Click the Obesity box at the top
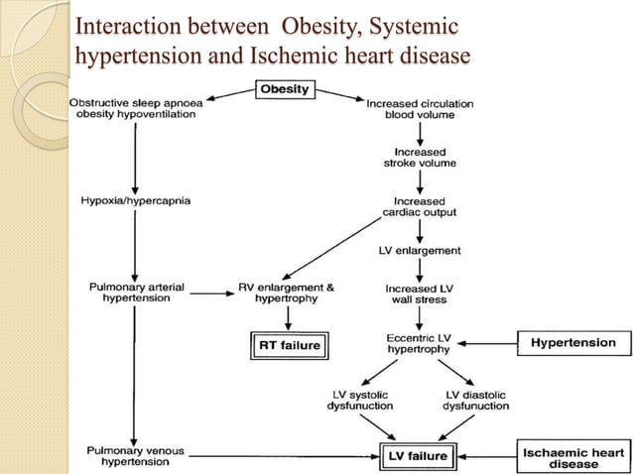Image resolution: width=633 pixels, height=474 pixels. [x=285, y=89]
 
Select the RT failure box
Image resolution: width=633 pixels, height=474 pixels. [x=288, y=345]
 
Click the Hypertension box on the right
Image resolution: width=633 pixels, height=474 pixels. [x=573, y=343]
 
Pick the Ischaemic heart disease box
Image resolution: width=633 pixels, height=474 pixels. [x=573, y=457]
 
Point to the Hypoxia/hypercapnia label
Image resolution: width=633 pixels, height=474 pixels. [x=135, y=201]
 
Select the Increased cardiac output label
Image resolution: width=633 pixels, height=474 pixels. [x=420, y=207]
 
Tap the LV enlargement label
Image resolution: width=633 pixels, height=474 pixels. [x=420, y=251]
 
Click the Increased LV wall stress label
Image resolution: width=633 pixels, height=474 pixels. [x=420, y=293]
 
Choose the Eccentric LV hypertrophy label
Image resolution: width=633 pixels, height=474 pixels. [x=420, y=343]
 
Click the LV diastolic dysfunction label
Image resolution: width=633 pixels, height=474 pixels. [x=475, y=400]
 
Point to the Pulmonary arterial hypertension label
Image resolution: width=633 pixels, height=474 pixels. [x=136, y=293]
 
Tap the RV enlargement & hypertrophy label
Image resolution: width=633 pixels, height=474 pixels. [x=288, y=293]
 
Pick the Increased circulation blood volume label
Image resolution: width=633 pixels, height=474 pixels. [x=420, y=109]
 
